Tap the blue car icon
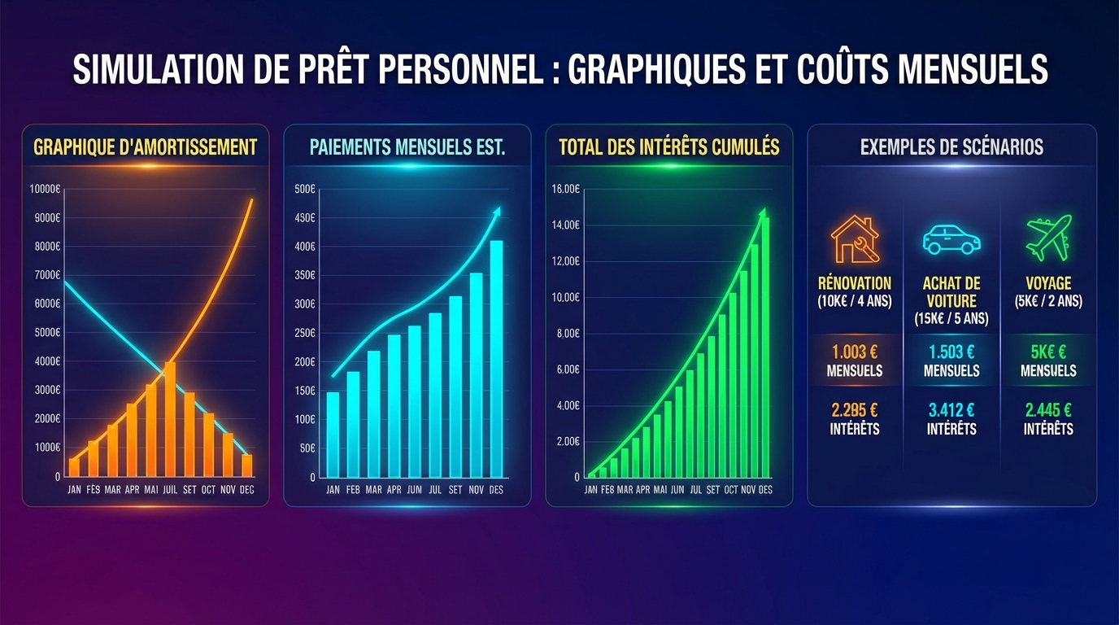[951, 240]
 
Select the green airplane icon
[1048, 238]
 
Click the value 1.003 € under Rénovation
[855, 352]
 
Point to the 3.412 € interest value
[951, 411]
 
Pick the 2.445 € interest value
[1048, 411]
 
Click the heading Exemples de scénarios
[951, 147]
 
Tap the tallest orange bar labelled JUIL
[170, 418]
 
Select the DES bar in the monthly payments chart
[496, 358]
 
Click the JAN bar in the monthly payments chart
[333, 435]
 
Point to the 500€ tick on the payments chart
[305, 190]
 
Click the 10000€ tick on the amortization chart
[45, 190]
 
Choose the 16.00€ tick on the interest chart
[565, 190]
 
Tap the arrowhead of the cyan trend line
[497, 211]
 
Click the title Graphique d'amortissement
[146, 147]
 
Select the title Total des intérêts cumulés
[669, 147]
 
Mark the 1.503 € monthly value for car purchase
[951, 352]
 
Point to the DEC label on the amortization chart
[247, 490]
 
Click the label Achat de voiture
[951, 292]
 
